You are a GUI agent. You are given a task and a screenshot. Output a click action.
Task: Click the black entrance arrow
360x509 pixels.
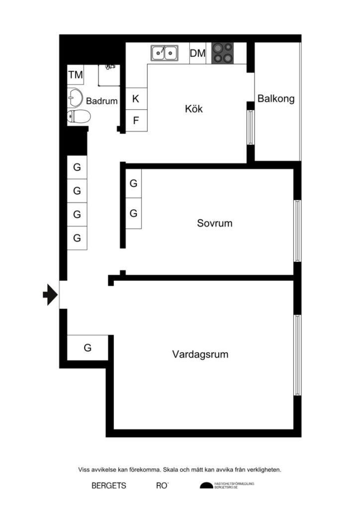[50, 294]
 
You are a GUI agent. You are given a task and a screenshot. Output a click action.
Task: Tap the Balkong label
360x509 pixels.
[275, 98]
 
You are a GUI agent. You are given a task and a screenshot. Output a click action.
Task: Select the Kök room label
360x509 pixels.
[194, 109]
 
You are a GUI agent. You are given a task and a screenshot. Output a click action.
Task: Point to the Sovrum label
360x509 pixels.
[214, 223]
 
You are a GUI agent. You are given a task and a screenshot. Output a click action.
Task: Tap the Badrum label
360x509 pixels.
[102, 101]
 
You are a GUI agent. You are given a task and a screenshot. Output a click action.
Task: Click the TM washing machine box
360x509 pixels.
[76, 75]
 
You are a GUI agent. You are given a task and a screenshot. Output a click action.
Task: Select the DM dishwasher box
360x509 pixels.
[197, 53]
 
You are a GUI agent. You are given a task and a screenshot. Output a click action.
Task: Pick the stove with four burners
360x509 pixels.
[222, 53]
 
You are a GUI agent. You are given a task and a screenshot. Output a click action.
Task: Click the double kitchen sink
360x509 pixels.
[165, 52]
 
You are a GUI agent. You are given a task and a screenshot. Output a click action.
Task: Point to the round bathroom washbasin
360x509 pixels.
[75, 97]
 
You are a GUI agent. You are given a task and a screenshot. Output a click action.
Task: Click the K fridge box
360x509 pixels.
[136, 98]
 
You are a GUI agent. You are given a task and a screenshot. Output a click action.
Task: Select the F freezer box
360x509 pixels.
[136, 120]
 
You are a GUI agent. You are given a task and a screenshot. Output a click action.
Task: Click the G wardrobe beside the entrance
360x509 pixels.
[88, 348]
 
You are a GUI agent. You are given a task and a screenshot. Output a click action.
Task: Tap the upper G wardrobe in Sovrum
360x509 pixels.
[133, 183]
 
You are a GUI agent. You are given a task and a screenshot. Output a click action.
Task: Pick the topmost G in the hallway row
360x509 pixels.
[77, 168]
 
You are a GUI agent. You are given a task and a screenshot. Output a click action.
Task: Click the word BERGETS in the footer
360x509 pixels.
[109, 486]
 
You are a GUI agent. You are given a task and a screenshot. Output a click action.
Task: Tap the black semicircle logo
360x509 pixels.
[206, 486]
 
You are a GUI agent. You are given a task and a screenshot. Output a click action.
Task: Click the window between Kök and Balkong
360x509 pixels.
[251, 127]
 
